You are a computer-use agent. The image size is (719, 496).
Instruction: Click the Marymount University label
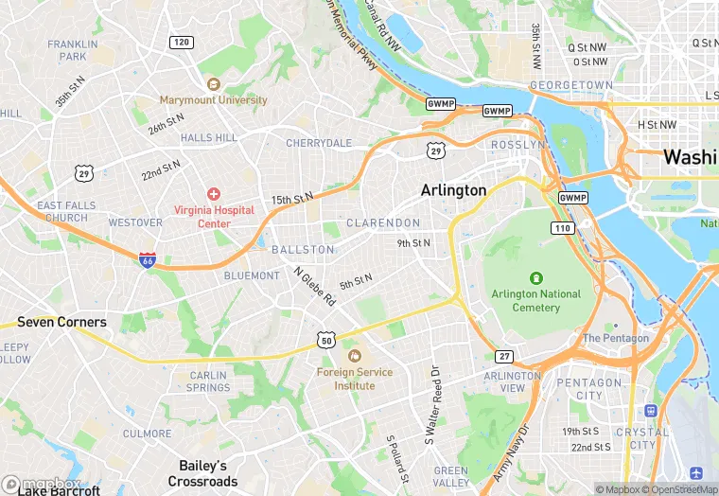point(213,99)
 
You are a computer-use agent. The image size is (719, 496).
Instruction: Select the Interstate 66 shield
point(148,259)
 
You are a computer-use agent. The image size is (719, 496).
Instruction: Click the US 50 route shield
point(325,339)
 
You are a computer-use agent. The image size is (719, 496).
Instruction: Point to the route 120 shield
point(181,42)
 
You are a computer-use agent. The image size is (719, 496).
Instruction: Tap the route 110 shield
point(563,228)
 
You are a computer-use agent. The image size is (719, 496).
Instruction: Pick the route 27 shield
point(503,355)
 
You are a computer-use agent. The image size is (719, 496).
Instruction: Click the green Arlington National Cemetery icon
point(536,278)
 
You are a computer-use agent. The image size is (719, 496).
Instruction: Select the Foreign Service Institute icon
point(355,355)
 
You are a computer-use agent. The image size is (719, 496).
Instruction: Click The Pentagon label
point(616,338)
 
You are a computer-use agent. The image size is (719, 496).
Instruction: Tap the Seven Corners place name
point(61,322)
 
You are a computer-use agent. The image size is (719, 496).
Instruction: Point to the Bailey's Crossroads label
point(203,473)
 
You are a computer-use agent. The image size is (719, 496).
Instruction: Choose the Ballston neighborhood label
point(303,250)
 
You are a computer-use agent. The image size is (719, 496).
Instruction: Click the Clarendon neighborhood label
point(383,222)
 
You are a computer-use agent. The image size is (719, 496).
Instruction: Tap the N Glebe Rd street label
point(315,285)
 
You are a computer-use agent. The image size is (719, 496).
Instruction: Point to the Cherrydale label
point(319,143)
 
